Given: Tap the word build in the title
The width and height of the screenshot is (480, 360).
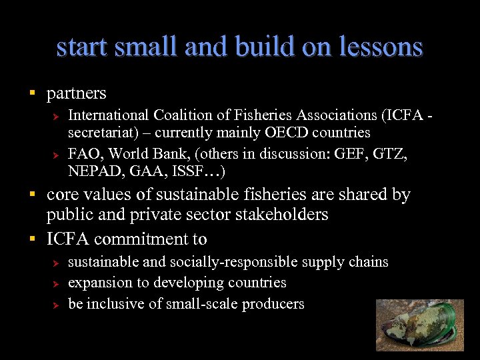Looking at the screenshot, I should tap(267, 47).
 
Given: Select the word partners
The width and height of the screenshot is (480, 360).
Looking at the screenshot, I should tap(76, 93).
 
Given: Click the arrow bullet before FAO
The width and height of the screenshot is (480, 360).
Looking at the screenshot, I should tap(57, 155).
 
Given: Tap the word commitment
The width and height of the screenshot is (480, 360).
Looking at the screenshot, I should tap(142, 239).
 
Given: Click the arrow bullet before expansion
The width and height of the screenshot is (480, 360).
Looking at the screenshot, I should tap(57, 283).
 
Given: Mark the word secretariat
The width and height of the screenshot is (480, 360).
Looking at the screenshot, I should tap(101, 132).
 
